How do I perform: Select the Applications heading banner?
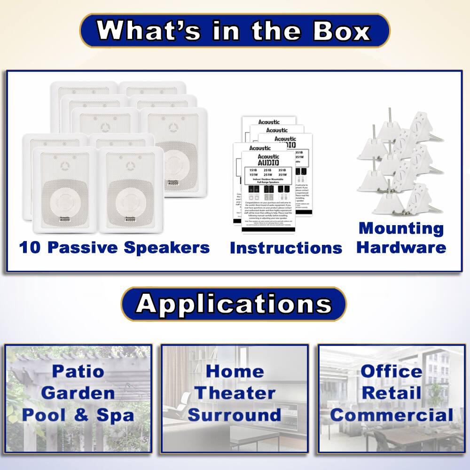coord(234,304)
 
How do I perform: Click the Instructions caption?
coord(286,248)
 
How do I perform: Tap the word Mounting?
coord(401,228)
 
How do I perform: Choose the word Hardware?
coord(401,247)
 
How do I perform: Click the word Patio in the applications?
coord(78,371)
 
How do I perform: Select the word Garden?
coord(78,393)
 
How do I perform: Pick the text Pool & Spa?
coord(78,415)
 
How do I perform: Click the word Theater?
coord(235,393)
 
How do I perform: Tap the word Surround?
coord(235,415)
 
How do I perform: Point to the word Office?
coord(392,371)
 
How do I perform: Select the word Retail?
coord(392,393)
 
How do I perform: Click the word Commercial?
coord(392,415)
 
